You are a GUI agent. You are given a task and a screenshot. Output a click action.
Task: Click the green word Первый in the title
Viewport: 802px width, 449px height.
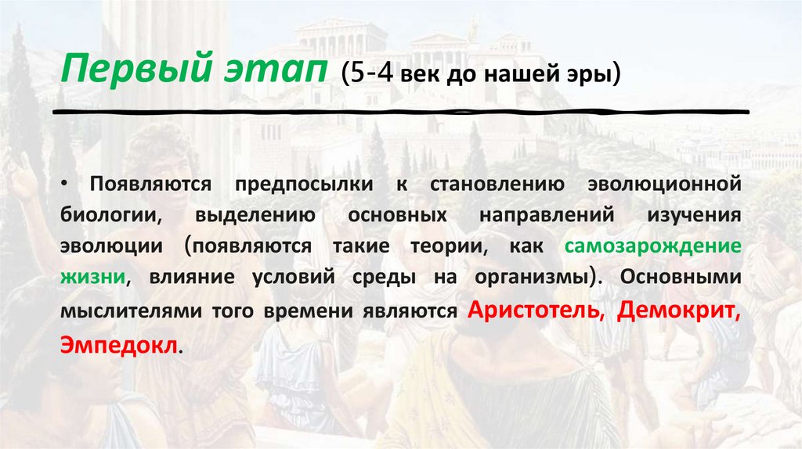(x=125, y=72)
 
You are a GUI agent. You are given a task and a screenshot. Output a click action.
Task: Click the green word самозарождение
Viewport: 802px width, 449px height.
(x=652, y=246)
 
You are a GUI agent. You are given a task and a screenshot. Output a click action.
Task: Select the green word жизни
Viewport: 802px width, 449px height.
(x=89, y=278)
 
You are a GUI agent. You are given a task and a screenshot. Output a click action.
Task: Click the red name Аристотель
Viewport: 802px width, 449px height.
(x=534, y=310)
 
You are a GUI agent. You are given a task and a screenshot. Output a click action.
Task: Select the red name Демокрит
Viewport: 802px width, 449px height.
(x=678, y=310)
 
